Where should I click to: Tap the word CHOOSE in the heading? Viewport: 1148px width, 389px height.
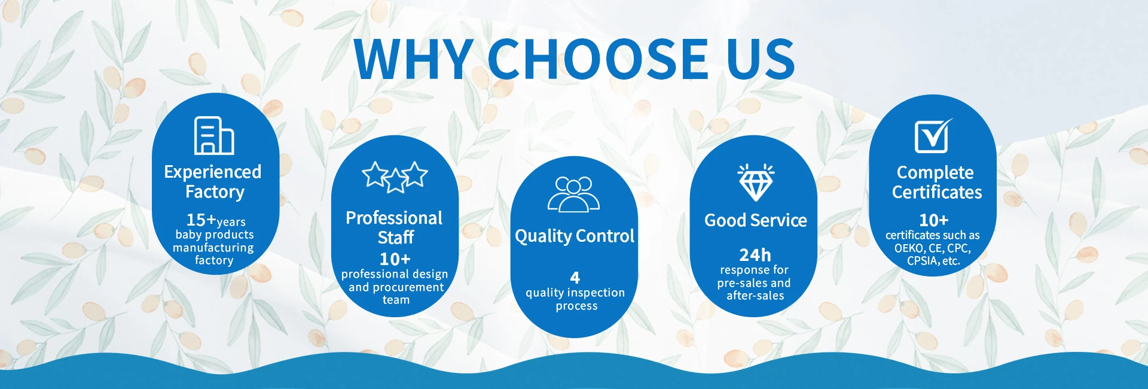[599, 59]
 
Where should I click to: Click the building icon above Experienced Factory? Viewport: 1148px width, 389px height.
[214, 135]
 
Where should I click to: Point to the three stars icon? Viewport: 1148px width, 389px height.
[395, 177]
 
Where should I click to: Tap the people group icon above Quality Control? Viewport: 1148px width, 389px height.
[573, 194]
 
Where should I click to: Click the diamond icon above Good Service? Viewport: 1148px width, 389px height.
[756, 182]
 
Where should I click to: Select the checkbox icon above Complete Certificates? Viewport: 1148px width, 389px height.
[933, 135]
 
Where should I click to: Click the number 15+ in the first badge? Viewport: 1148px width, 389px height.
[201, 220]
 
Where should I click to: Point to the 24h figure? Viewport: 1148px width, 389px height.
[755, 255]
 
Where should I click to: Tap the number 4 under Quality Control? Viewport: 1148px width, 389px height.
[575, 278]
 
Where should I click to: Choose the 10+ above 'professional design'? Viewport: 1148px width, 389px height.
[395, 259]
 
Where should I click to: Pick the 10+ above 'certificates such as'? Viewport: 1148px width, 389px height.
[934, 220]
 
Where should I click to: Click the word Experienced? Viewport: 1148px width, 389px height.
[213, 172]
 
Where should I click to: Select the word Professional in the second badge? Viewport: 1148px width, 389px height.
[394, 218]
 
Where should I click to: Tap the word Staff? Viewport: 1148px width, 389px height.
[396, 238]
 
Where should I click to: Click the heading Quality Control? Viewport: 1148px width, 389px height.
[575, 236]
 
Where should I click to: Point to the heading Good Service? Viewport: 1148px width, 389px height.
[756, 220]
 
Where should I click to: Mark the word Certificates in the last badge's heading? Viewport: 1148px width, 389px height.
[937, 192]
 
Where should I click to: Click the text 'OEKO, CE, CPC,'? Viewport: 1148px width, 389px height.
[933, 248]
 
